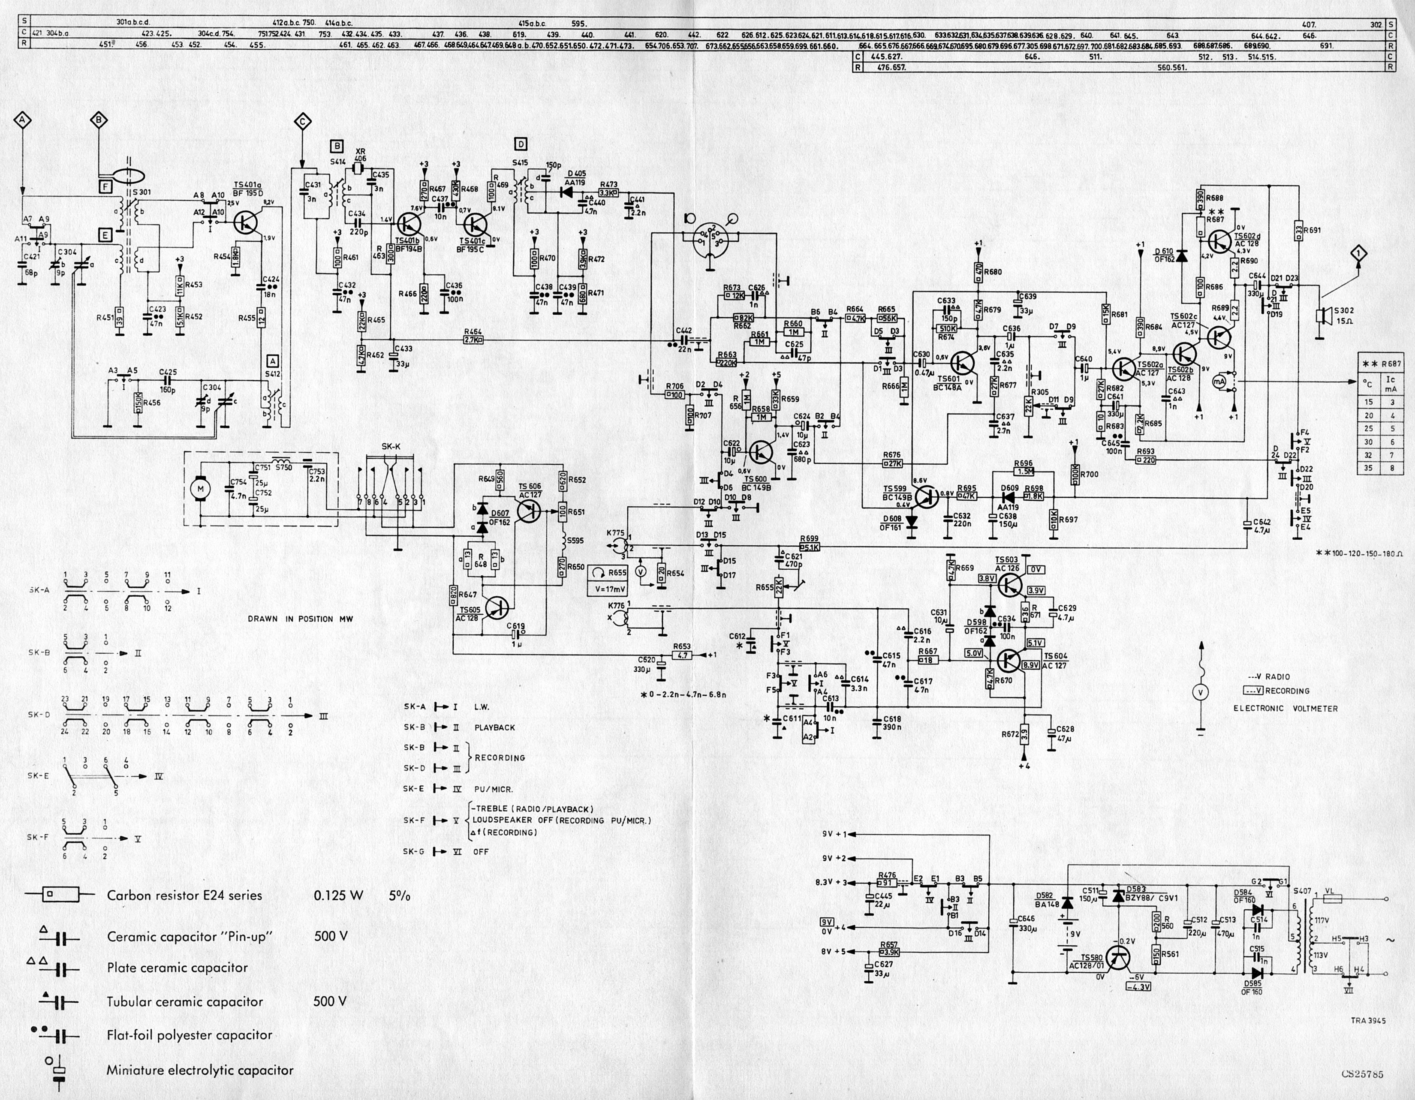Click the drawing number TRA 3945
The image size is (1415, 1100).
coord(1368,1020)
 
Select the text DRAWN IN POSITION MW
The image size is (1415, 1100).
coord(301,619)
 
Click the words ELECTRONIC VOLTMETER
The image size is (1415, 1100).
coord(1286,709)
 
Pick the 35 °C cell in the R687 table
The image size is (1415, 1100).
coord(1368,468)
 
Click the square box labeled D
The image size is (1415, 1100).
coord(520,144)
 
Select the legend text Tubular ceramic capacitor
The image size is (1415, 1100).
coord(185,1001)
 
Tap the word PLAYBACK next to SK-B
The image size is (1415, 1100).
coord(494,727)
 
